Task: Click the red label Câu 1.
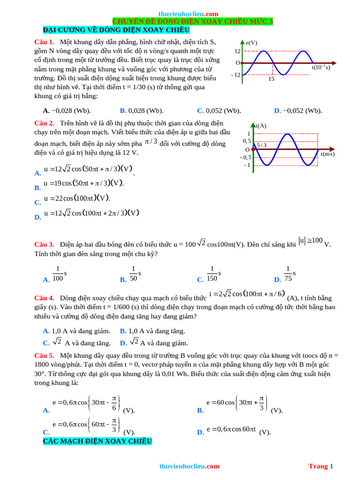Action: (x=45, y=42)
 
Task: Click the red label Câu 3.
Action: (x=45, y=244)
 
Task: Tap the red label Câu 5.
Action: (x=45, y=355)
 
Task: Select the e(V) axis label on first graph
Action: (x=251, y=43)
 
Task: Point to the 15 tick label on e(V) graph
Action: (x=271, y=79)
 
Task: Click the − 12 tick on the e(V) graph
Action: (x=235, y=75)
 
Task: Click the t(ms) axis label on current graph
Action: (x=328, y=154)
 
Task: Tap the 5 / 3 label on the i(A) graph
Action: (x=262, y=145)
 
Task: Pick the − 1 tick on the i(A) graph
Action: (x=247, y=165)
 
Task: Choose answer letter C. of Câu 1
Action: (x=200, y=111)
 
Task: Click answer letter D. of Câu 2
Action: (x=38, y=217)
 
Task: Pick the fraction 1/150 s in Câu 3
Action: (x=213, y=273)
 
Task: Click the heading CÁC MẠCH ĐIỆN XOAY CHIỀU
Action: (x=97, y=442)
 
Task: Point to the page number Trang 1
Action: (x=321, y=466)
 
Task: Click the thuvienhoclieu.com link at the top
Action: (x=188, y=14)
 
